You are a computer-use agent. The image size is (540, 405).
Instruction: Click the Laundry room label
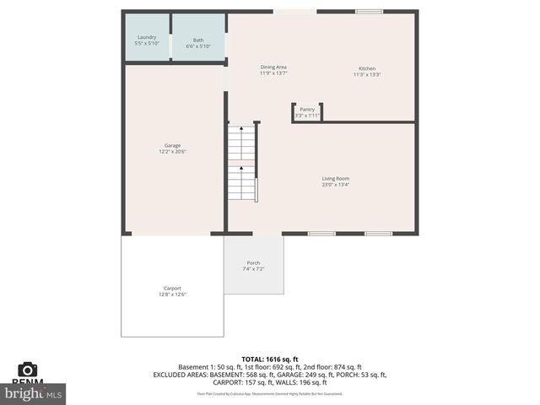pos(148,37)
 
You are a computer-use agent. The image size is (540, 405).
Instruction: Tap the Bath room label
pos(198,40)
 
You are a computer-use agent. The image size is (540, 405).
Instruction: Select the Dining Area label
pos(273,67)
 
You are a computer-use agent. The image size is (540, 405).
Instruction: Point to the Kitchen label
pos(367,68)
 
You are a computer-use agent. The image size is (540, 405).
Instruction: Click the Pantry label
pos(307,109)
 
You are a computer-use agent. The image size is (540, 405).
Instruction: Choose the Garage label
pos(172,145)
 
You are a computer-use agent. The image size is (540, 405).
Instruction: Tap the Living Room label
pos(335,178)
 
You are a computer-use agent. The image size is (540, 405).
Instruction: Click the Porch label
pos(253,262)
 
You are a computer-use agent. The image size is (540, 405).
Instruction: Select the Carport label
pos(172,288)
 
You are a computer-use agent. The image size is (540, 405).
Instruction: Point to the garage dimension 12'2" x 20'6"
pos(172,152)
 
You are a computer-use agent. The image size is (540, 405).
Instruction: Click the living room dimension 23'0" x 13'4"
pos(335,185)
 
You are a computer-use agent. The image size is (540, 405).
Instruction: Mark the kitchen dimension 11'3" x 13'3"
pos(367,74)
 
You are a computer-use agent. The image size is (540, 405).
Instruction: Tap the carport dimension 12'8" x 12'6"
pos(172,294)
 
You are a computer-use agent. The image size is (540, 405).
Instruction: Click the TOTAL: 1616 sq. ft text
pos(270,359)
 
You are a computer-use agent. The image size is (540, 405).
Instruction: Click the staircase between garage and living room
pos(242,160)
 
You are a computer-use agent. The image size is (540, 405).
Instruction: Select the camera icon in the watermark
pos(28,370)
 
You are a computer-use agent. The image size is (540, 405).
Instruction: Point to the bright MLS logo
pos(34,392)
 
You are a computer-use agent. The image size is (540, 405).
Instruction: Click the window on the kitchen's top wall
pos(368,12)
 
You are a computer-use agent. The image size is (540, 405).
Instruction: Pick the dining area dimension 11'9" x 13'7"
pos(273,73)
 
